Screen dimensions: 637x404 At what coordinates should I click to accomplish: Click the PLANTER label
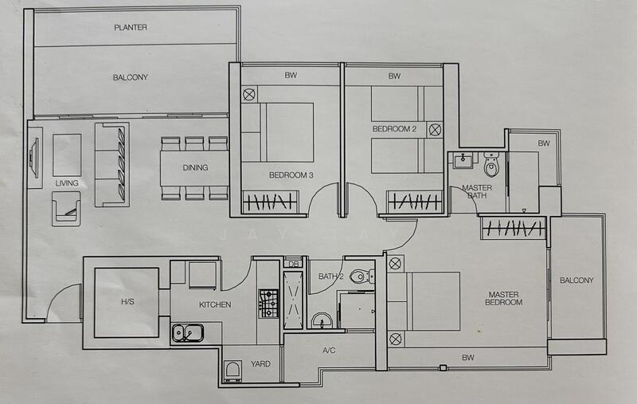click(131, 28)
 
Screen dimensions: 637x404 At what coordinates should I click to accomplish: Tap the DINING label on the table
click(195, 167)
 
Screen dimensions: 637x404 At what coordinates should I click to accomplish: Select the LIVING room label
click(67, 183)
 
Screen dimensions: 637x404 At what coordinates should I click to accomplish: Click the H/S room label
click(127, 302)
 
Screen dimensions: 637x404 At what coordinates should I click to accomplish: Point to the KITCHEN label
click(215, 304)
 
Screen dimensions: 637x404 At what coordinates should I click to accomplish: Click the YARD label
click(260, 364)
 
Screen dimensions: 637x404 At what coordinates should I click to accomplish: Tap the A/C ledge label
click(329, 350)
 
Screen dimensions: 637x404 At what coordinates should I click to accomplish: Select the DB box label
click(293, 265)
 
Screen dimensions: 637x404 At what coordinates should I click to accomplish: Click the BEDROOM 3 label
click(291, 175)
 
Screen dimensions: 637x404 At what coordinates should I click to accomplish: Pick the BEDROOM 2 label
click(394, 129)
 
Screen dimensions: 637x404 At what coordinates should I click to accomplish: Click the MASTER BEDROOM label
click(504, 298)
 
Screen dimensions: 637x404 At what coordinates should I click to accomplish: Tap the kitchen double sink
click(188, 333)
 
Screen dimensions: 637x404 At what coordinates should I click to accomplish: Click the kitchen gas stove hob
click(268, 304)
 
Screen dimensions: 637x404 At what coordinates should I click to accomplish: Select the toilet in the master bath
click(491, 164)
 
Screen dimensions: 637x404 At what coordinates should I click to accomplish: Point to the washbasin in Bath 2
click(322, 320)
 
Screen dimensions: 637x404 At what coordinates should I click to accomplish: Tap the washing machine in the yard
click(233, 371)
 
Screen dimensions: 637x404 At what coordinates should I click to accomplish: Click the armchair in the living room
click(66, 209)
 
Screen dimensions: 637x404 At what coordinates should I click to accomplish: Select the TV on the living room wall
click(33, 158)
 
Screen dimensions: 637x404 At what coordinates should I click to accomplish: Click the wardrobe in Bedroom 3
click(270, 202)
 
